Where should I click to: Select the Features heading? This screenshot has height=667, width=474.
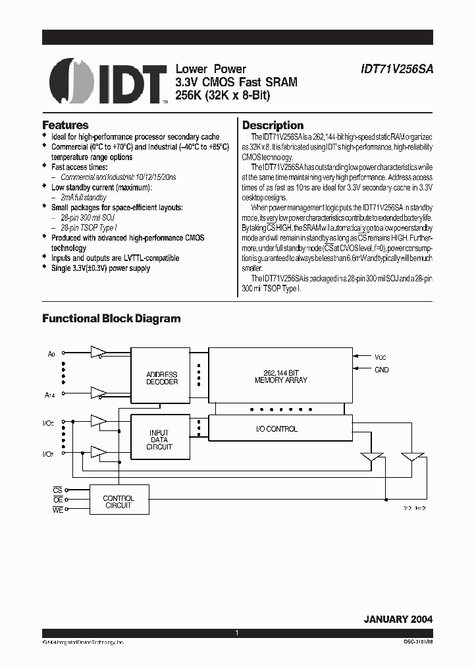coord(65,125)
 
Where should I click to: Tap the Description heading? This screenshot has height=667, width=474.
coord(273,125)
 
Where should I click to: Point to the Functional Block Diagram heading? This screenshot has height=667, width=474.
coord(111,318)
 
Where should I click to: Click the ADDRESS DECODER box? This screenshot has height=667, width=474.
coord(162,378)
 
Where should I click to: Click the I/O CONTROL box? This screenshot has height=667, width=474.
coord(276,429)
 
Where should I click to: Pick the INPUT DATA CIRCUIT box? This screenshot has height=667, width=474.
coord(159,440)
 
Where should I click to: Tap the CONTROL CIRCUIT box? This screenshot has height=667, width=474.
coord(118,502)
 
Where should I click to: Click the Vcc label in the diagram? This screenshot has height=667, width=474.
coord(380,357)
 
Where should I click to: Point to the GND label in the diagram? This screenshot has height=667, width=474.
coord(381,370)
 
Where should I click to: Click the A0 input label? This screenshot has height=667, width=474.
coord(52,354)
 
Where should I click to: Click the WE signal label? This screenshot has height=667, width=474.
coord(58,510)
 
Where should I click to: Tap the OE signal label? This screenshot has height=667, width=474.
coord(58,500)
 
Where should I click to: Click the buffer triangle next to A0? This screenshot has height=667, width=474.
coord(99,352)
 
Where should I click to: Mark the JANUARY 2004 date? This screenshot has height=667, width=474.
coord(398,620)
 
